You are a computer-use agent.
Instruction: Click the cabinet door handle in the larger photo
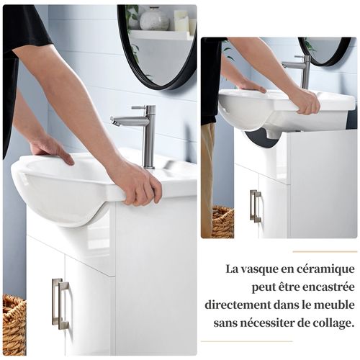pyautogui.click(x=60, y=303)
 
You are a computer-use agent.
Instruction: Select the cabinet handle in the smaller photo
pyautogui.click(x=255, y=206)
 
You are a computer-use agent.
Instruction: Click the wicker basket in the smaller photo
pyautogui.click(x=223, y=222)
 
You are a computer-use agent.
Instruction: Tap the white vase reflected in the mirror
pyautogui.click(x=154, y=20)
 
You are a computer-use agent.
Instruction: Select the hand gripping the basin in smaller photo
pyautogui.click(x=305, y=100)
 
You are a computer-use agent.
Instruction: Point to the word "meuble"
pyautogui.click(x=336, y=305)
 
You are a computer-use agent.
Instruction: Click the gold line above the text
pyautogui.click(x=325, y=251)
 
